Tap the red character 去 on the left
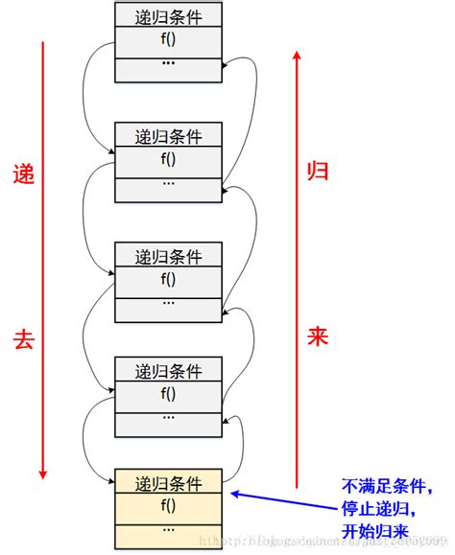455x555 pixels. point(22,338)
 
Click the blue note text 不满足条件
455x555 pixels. point(380,486)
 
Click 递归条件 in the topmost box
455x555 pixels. point(168,16)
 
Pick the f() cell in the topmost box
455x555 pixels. point(168,41)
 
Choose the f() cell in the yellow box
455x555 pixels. point(168,504)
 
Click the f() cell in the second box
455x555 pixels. point(168,158)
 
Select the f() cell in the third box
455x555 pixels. point(168,279)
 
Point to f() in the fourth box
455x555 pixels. point(168,393)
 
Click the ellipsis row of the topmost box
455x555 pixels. point(168,65)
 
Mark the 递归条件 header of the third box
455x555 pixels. point(168,255)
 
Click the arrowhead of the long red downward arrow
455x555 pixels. point(41,474)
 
